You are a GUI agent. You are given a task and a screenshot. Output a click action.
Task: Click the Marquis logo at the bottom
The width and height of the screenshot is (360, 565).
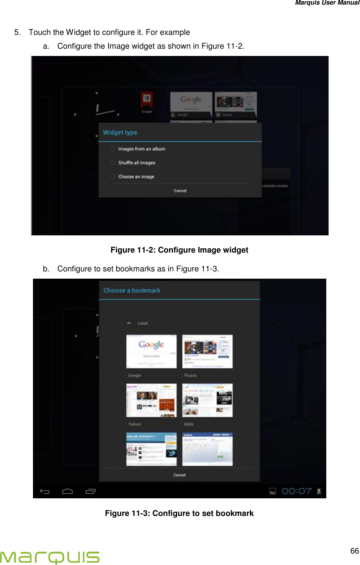50,557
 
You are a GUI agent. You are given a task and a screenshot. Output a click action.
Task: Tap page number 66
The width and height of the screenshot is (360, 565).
354,551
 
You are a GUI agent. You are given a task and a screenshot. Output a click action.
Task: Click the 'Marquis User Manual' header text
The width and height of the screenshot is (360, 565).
327,3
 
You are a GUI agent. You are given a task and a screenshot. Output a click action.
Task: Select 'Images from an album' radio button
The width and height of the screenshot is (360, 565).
112,149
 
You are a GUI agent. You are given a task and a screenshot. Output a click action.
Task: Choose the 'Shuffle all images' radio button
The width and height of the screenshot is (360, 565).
112,163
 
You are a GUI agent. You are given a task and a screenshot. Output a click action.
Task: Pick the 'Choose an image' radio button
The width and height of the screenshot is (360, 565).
112,177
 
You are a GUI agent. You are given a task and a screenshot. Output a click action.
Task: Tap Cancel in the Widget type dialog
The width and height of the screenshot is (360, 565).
180,191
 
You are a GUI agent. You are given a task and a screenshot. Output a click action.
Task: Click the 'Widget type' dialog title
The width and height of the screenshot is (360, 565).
120,133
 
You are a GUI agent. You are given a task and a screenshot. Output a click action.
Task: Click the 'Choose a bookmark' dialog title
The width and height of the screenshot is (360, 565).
132,291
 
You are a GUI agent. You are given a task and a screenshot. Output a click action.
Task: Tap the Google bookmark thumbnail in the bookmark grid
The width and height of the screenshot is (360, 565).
151,351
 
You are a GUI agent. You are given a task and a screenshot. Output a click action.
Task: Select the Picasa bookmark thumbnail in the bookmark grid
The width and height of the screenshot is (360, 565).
207,351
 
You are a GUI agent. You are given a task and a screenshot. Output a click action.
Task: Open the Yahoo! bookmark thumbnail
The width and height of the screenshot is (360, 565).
151,400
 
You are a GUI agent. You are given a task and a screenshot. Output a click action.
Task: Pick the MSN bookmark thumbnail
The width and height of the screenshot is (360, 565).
207,400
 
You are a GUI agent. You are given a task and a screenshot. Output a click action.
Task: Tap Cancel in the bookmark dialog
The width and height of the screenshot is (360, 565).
179,475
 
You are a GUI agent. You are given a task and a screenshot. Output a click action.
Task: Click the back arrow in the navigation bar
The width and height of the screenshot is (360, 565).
45,491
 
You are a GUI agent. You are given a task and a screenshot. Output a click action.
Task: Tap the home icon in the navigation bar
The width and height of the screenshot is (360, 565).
67,491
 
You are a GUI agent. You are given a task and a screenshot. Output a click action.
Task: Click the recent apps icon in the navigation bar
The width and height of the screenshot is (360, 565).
90,491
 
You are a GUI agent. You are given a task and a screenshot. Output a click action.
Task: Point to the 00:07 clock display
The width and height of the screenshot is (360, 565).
297,491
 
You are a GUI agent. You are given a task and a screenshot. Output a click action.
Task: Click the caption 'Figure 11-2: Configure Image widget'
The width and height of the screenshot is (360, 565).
179,250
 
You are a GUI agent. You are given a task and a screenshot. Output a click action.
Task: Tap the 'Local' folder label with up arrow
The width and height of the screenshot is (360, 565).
138,323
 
